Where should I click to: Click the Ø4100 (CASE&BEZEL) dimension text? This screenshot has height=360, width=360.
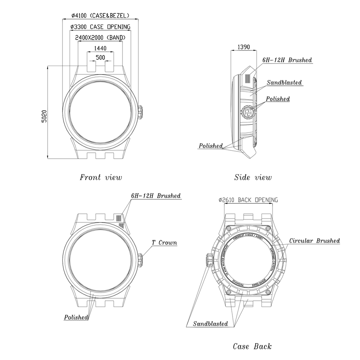pyautogui.click(x=100, y=16)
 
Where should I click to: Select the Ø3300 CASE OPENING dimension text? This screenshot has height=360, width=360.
pyautogui.click(x=100, y=27)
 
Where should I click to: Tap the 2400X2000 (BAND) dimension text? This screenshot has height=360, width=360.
pyautogui.click(x=100, y=37)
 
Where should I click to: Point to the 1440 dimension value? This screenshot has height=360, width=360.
pyautogui.click(x=101, y=48)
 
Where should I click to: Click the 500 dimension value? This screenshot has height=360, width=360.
pyautogui.click(x=100, y=58)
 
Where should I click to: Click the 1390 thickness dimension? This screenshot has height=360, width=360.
pyautogui.click(x=244, y=47)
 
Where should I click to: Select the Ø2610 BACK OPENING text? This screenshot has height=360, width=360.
pyautogui.click(x=248, y=200)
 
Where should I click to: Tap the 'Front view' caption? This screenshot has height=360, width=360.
pyautogui.click(x=101, y=177)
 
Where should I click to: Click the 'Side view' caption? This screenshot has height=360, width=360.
pyautogui.click(x=253, y=177)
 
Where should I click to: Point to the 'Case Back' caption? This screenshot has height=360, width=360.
pyautogui.click(x=252, y=346)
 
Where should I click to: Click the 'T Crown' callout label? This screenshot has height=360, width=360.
pyautogui.click(x=164, y=243)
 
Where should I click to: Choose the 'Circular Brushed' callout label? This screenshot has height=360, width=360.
pyautogui.click(x=314, y=241)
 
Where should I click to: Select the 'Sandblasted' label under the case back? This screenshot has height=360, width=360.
pyautogui.click(x=210, y=324)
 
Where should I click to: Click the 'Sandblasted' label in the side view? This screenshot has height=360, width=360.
pyautogui.click(x=284, y=83)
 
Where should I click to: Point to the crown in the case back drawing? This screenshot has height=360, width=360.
pyautogui.click(x=207, y=260)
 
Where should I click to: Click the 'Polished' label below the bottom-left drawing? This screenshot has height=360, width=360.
pyautogui.click(x=76, y=317)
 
